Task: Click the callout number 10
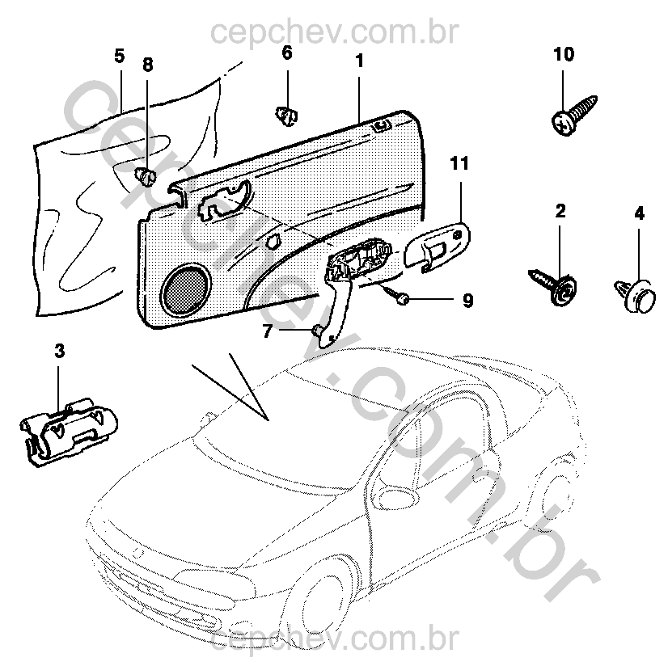(x=564, y=55)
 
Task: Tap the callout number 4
(x=639, y=214)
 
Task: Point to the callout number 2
(x=560, y=212)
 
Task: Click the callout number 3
(x=59, y=351)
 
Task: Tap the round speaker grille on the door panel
(x=186, y=288)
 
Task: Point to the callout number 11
(x=459, y=165)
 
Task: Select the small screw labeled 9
(x=397, y=296)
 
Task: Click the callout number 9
(x=467, y=301)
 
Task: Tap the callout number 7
(x=269, y=330)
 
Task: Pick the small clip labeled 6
(x=286, y=116)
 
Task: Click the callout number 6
(x=286, y=53)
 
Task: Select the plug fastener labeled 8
(x=145, y=175)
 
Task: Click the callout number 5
(x=119, y=56)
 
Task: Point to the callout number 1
(x=359, y=60)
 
